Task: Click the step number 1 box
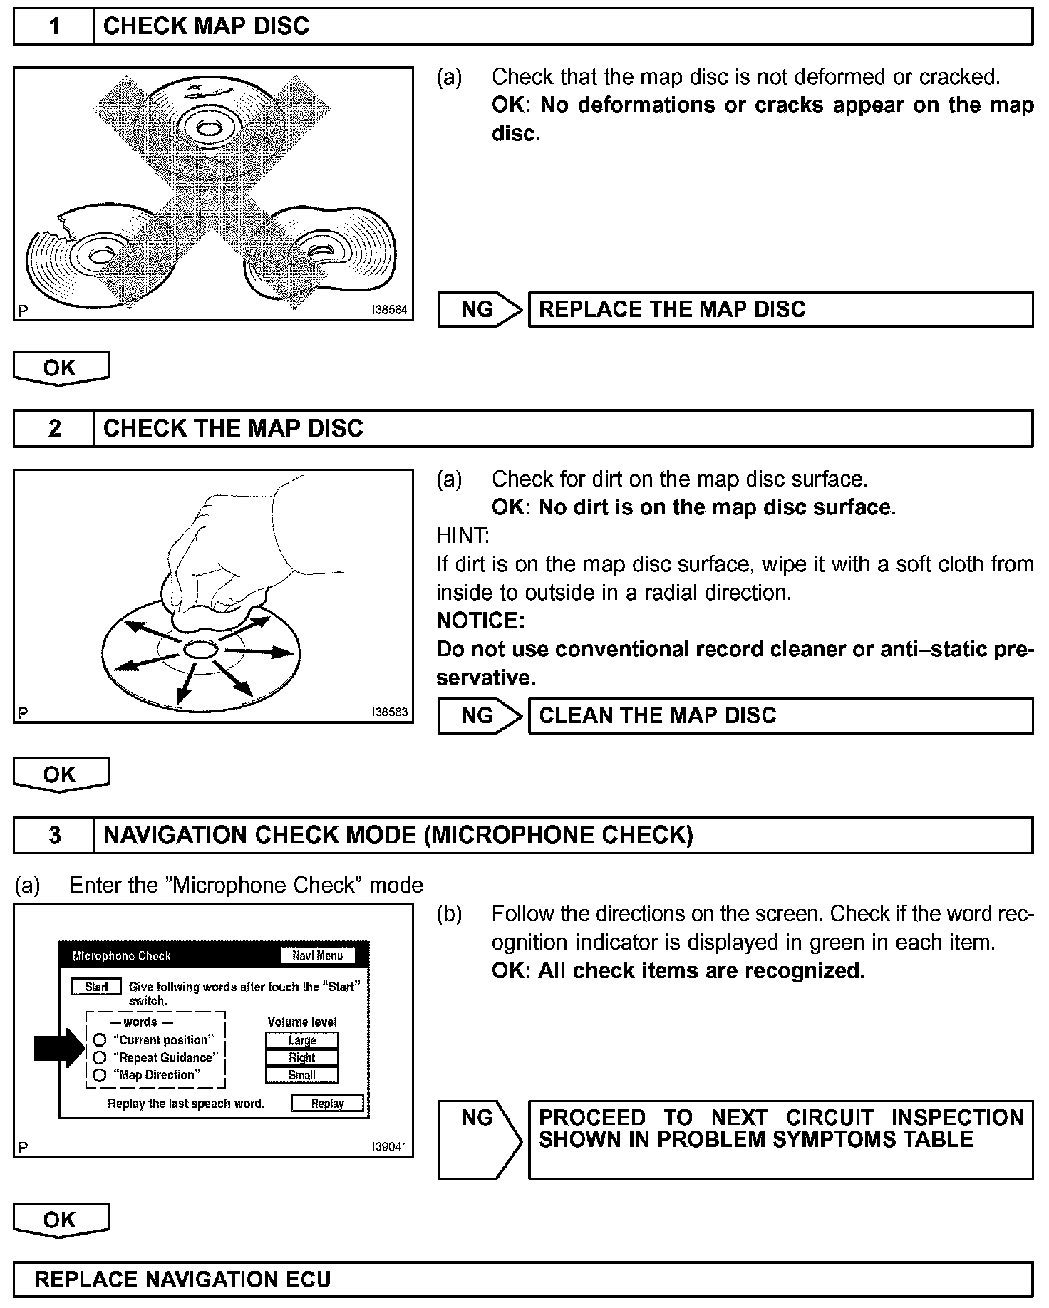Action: tap(54, 27)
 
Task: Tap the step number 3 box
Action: tap(54, 835)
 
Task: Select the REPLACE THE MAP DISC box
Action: tap(780, 309)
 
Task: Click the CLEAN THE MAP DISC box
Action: tap(780, 715)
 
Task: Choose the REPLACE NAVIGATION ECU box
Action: tap(523, 1280)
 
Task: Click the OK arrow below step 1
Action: tap(61, 368)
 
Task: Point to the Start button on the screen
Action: tap(96, 987)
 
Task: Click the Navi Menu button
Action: tap(317, 955)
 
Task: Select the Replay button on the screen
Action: tap(327, 1103)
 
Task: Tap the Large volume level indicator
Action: tap(302, 1040)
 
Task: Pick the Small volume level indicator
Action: tap(302, 1075)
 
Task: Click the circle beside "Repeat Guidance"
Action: tap(100, 1057)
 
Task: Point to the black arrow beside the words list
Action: tap(59, 1048)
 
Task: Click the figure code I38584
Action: tap(389, 311)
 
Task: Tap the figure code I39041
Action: tap(389, 1147)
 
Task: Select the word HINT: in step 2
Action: tap(463, 536)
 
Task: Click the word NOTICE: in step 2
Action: tap(480, 621)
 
